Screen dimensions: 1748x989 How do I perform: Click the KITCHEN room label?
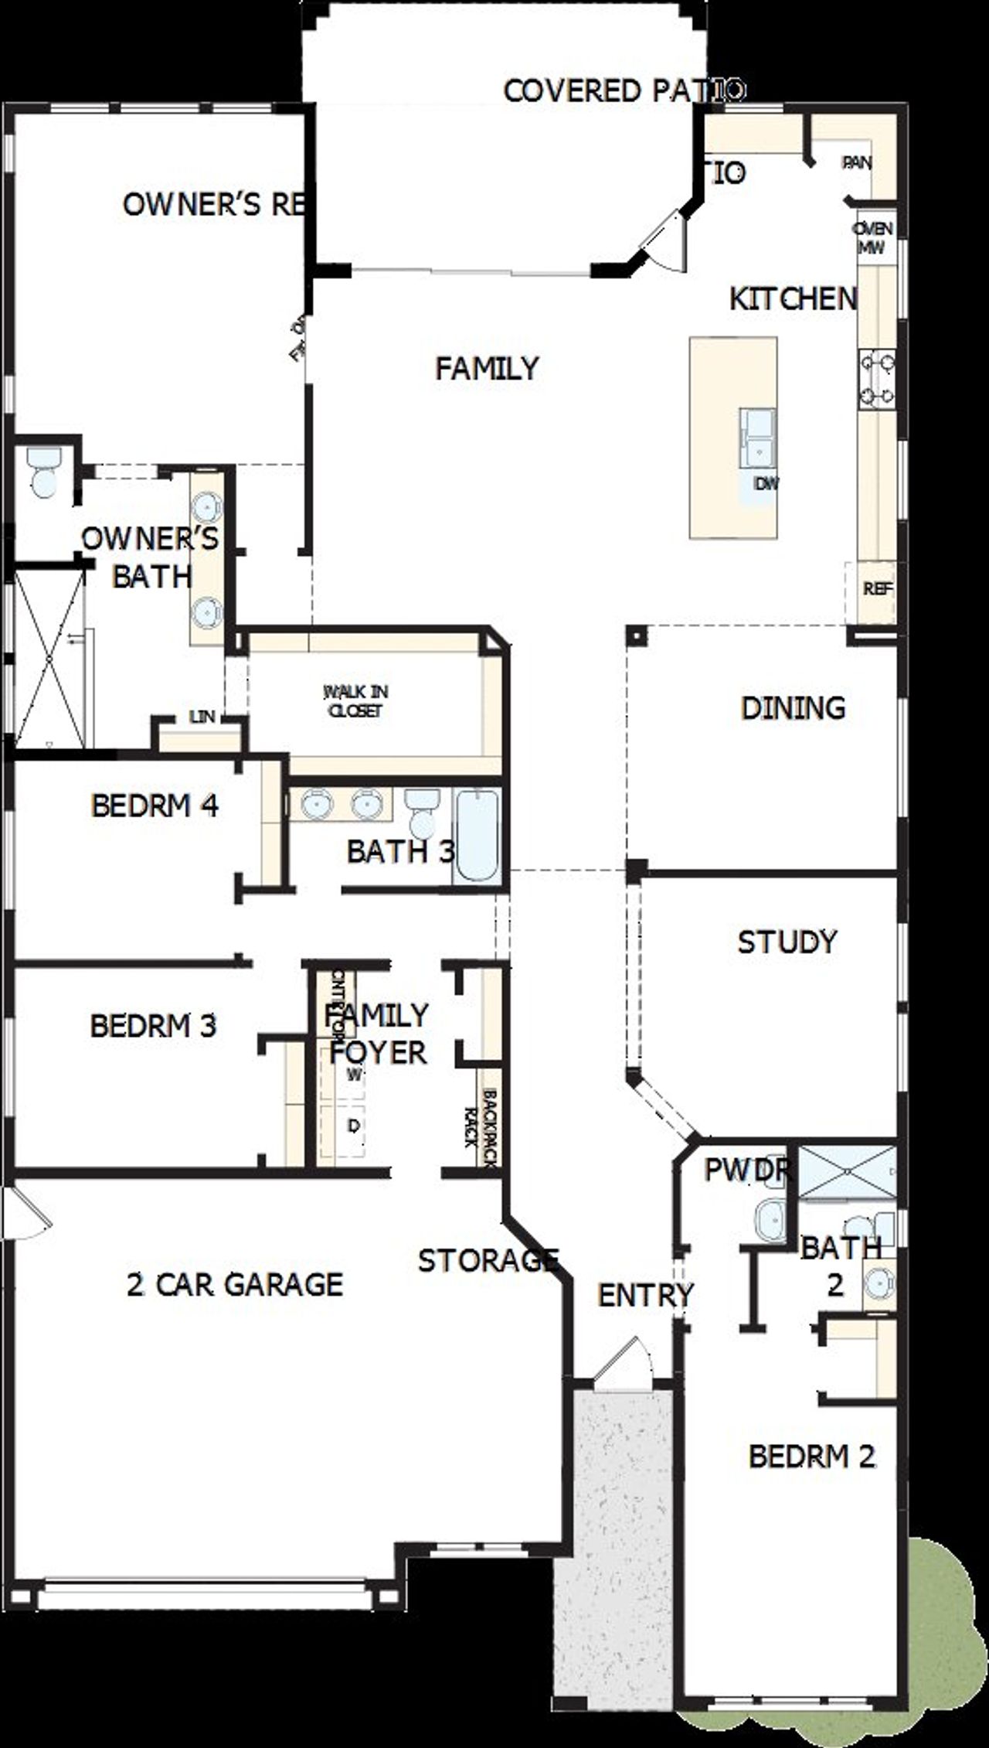coord(793,298)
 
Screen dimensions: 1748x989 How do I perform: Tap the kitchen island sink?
coord(759,438)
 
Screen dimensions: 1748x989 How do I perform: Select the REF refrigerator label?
coord(878,588)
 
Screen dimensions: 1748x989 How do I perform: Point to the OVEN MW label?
coord(873,238)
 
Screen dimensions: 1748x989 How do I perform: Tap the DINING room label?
coord(793,707)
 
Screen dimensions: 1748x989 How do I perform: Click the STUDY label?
coord(787,942)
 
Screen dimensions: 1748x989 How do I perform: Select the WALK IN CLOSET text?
coord(355,700)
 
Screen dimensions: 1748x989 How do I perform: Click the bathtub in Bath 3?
coord(477,835)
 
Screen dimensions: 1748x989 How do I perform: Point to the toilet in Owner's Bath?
coord(42,472)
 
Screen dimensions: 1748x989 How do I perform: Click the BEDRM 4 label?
coord(155,806)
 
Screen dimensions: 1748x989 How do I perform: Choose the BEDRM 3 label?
coord(153,1025)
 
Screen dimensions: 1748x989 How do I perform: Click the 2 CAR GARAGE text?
coord(235,1283)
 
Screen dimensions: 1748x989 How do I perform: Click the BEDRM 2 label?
coord(811,1456)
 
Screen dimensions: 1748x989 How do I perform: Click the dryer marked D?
coord(353,1126)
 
